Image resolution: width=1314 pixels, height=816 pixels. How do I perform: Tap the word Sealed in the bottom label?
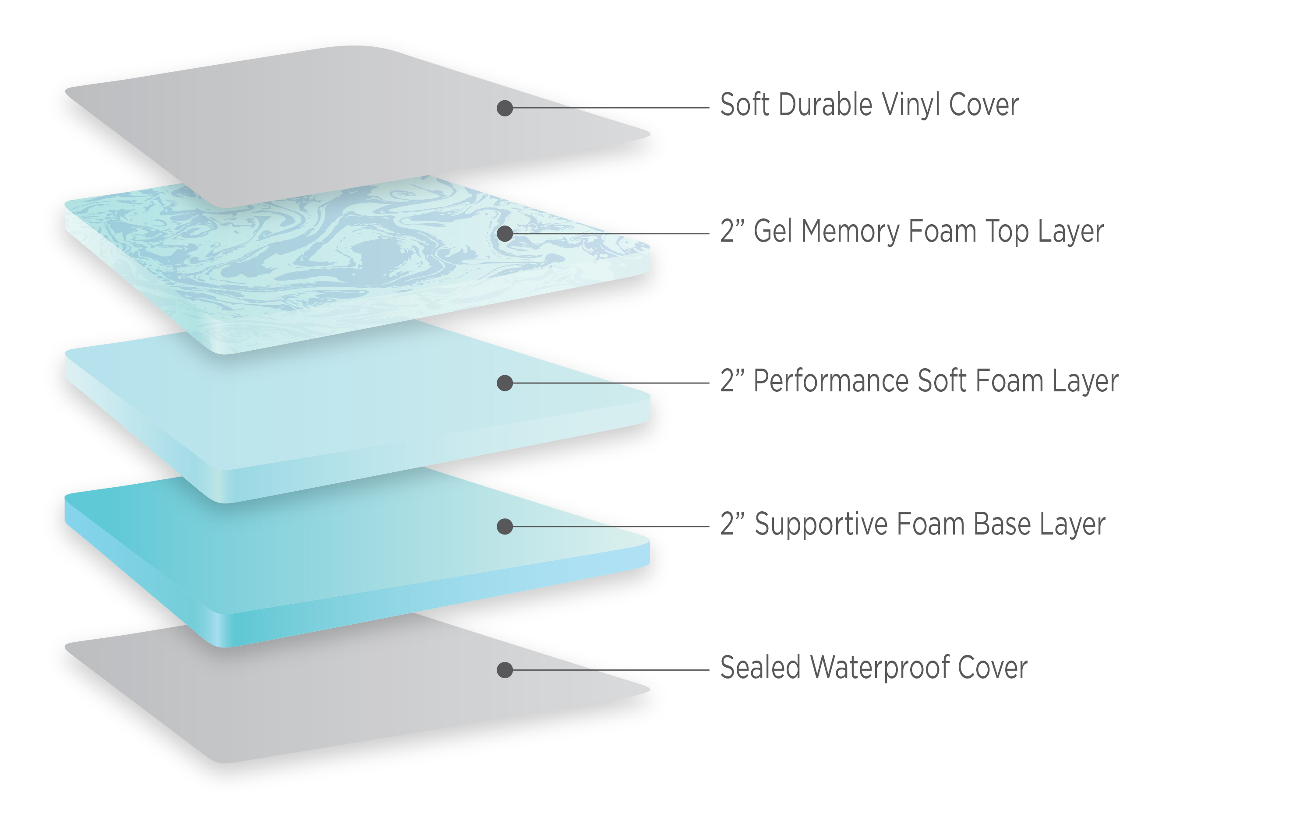760,668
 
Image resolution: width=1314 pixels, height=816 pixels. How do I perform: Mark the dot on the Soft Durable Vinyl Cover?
505,108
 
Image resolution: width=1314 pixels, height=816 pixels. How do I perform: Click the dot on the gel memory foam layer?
505,234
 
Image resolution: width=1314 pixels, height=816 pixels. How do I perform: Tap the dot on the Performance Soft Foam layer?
505,383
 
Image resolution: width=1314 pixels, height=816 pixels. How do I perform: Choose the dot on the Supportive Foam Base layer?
505,526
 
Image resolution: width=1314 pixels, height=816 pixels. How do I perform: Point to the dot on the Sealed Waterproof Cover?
505,670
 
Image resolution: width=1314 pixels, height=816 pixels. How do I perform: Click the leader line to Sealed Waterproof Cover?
611,670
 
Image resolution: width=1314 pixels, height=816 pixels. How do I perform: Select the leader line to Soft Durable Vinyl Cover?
611,108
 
